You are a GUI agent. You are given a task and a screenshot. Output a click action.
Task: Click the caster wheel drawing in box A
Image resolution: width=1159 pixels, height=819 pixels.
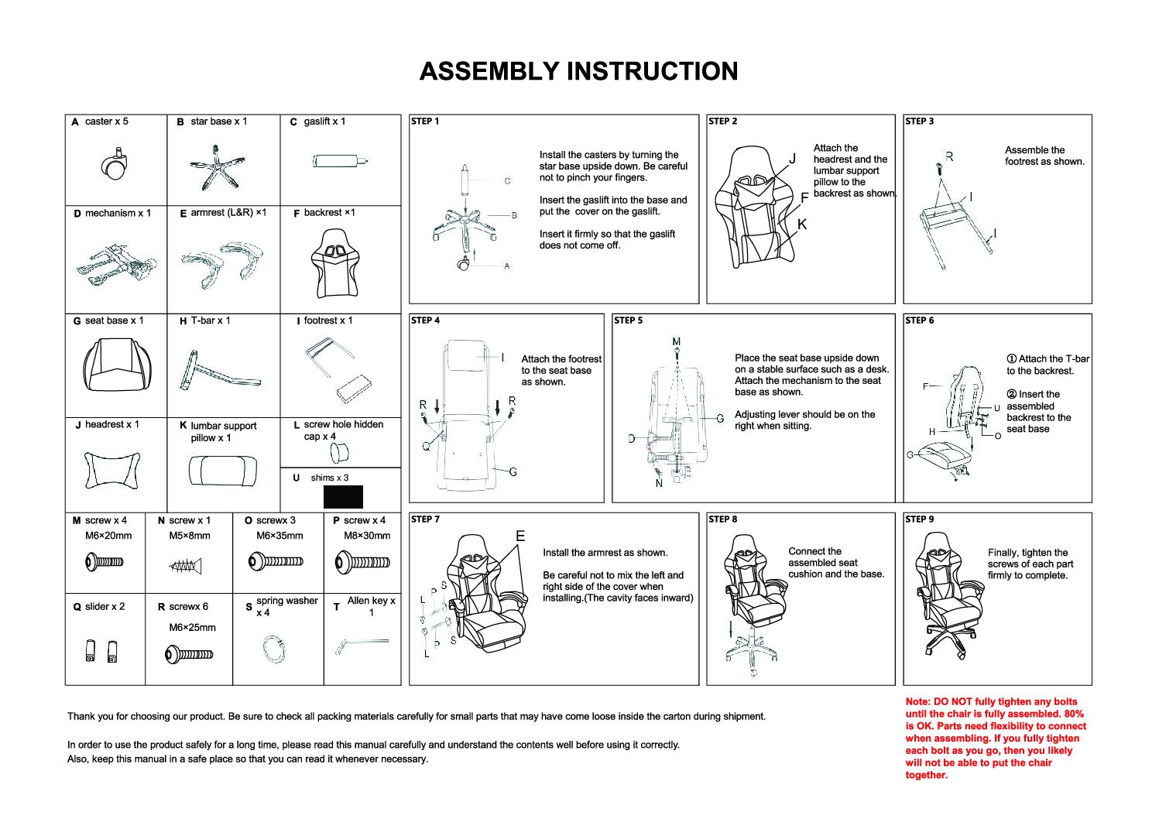point(114,166)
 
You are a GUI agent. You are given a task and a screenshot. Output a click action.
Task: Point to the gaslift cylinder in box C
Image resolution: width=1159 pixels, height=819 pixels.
point(338,162)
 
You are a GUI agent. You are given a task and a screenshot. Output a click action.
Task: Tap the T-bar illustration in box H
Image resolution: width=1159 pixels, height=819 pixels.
point(212,372)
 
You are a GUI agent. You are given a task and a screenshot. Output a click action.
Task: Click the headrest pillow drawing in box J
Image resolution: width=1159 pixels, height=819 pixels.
point(114,469)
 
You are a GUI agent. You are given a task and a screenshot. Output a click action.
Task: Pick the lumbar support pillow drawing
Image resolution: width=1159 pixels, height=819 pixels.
point(223,471)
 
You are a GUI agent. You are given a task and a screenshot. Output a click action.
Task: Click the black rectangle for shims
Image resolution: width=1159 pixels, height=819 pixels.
point(343,496)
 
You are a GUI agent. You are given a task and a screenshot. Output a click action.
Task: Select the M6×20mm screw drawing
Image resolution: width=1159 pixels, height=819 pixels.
point(105,561)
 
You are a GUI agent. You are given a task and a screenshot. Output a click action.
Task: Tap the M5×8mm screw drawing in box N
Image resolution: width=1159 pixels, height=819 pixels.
point(187,567)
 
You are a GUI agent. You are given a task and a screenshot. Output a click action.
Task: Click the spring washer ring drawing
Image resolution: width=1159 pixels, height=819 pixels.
point(274,648)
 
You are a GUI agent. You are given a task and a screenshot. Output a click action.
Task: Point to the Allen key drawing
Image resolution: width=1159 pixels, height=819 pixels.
point(361,644)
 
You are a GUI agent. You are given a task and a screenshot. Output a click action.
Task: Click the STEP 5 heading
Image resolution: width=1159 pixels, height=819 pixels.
point(628,320)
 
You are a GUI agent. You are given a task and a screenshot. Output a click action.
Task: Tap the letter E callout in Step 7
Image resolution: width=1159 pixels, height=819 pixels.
point(520,536)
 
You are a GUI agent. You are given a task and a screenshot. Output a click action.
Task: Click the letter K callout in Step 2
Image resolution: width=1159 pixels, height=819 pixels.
point(802,224)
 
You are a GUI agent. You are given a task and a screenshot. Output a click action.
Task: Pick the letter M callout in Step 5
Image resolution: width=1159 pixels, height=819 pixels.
point(677,341)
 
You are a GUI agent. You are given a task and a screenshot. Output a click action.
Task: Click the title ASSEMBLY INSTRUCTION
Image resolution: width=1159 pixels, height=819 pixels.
point(578,71)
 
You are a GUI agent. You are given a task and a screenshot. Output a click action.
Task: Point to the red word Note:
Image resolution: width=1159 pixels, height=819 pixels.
point(919,701)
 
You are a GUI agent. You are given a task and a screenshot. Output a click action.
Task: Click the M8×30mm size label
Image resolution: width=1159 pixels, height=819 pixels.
point(367,536)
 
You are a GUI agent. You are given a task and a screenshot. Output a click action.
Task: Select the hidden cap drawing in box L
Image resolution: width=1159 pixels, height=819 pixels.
point(341,452)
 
